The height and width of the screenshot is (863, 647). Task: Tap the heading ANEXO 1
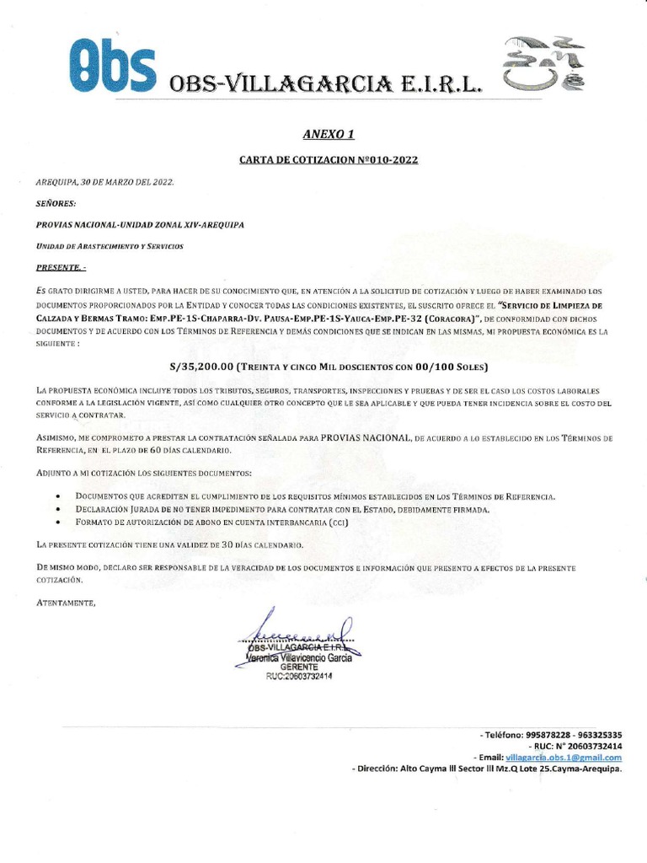(323, 134)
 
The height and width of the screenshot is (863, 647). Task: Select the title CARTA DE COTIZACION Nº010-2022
(323, 158)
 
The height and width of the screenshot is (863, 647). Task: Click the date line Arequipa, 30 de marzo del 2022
(106, 181)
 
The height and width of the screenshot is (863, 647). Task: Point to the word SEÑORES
(56, 203)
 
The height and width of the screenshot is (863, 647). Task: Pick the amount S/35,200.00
(202, 367)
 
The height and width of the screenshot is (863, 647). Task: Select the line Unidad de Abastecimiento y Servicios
(110, 245)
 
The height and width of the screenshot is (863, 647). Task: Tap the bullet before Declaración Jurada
(56, 511)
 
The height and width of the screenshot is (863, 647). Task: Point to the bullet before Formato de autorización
(56, 523)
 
